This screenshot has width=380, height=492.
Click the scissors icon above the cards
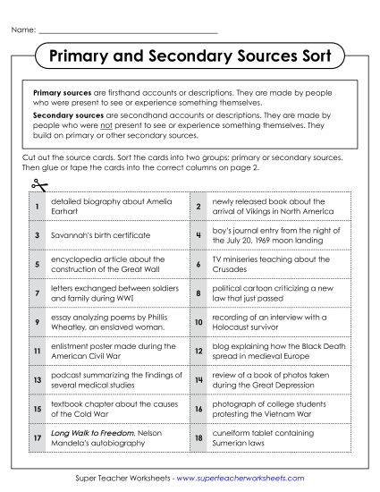(38, 185)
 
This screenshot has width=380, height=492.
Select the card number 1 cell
(37, 207)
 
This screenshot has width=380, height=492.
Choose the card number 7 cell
(37, 293)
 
